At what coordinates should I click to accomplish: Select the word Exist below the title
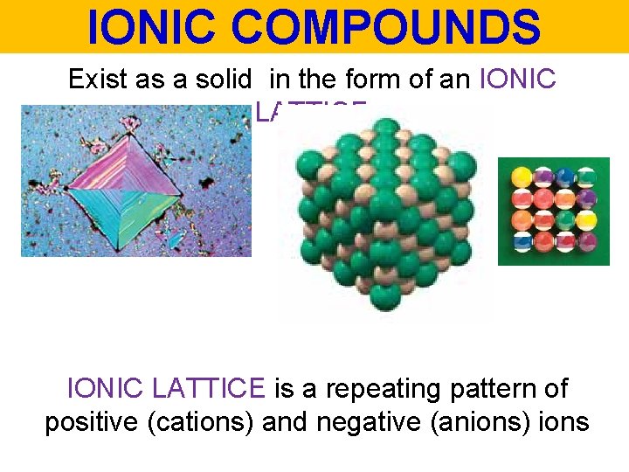(97, 80)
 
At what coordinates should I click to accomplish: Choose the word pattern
(513, 387)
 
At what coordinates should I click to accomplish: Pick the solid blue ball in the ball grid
(566, 177)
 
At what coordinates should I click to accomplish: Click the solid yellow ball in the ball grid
(522, 177)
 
